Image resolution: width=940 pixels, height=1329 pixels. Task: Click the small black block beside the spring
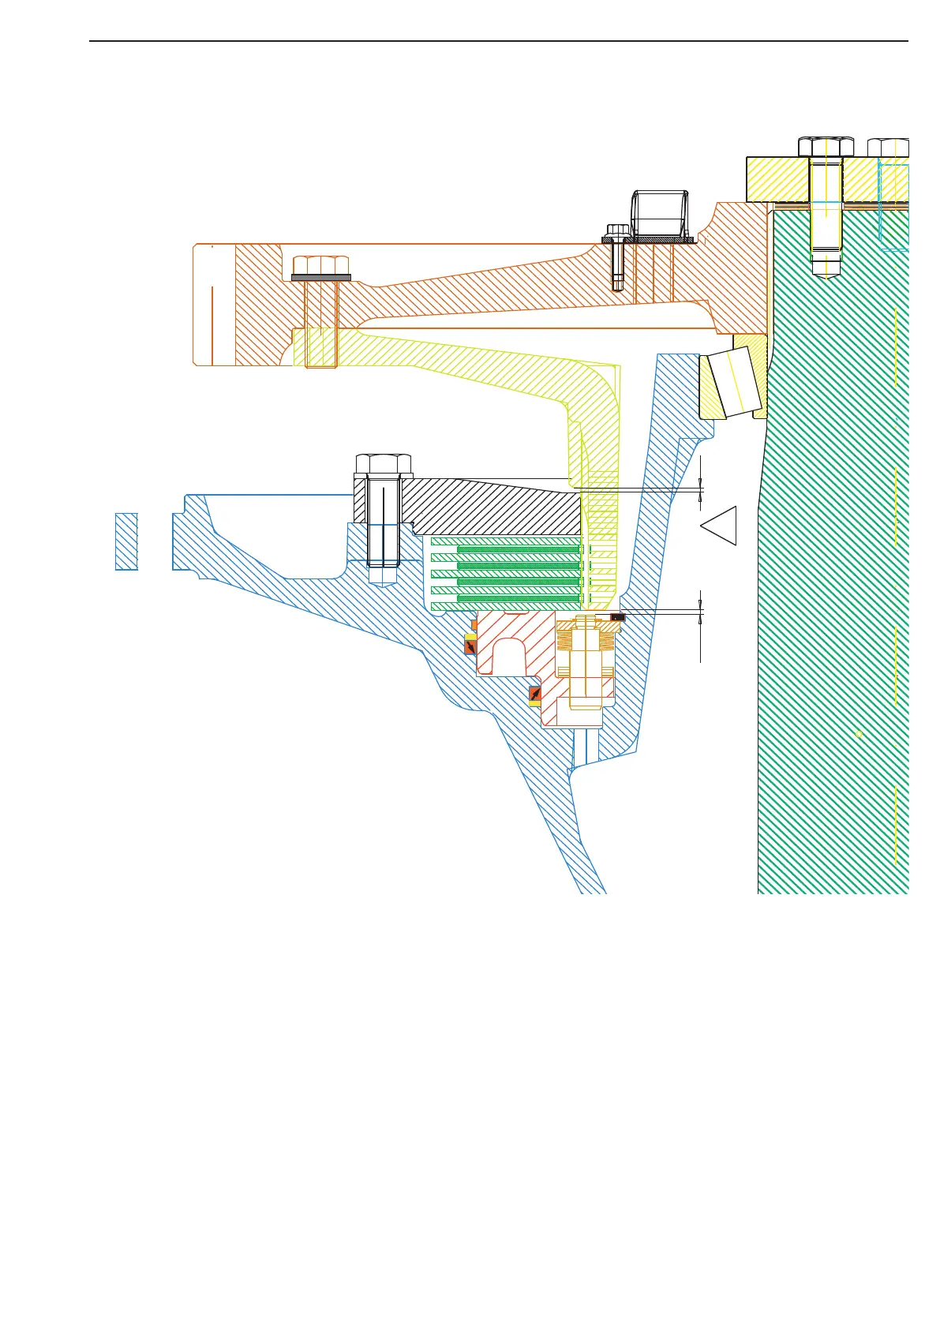click(x=618, y=616)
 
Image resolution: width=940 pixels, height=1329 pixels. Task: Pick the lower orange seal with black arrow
click(x=534, y=695)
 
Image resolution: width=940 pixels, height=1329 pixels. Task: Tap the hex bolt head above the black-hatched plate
click(x=384, y=463)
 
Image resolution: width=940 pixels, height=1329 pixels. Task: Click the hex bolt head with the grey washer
click(x=320, y=264)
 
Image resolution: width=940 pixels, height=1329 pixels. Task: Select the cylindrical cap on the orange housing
click(x=660, y=213)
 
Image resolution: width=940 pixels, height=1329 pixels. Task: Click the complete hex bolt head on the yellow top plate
click(x=826, y=147)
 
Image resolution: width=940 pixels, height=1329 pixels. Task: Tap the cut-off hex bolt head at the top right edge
click(x=888, y=148)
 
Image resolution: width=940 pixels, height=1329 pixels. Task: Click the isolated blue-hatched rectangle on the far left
click(x=126, y=541)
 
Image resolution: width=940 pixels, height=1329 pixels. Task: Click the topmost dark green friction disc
click(x=519, y=549)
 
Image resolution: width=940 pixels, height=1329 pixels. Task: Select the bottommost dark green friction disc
click(x=519, y=598)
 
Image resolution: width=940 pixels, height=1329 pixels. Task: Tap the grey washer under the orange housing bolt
click(x=320, y=277)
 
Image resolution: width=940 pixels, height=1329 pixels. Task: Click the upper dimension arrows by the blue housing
click(x=701, y=490)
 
